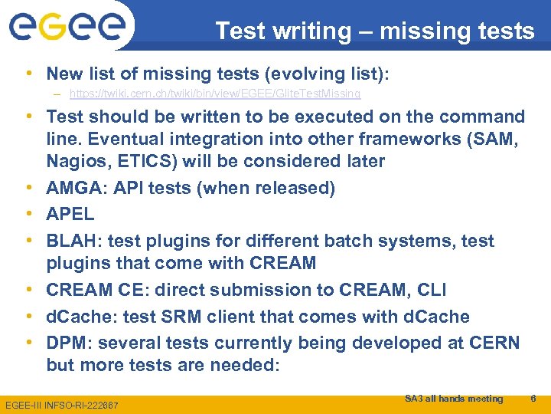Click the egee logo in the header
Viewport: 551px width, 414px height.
(x=67, y=28)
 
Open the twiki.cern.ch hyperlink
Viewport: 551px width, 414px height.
(x=215, y=94)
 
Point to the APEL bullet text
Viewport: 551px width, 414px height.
(x=70, y=214)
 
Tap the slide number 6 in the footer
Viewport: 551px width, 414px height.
(x=533, y=398)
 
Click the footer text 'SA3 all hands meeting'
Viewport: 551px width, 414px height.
(x=453, y=398)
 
